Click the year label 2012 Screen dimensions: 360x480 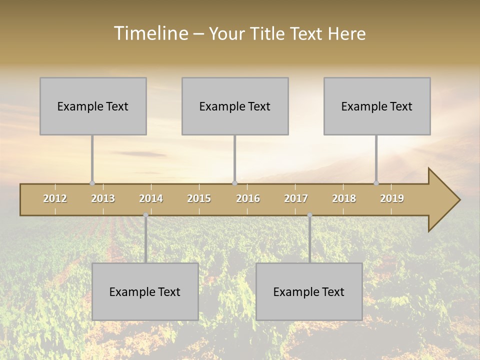55,198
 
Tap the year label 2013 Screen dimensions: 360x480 103,198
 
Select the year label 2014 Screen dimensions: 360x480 151,198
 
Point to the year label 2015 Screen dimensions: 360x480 199,198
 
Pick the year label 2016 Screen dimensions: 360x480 248,198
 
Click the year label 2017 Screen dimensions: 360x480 296,198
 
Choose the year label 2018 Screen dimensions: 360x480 344,198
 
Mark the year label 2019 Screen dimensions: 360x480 392,198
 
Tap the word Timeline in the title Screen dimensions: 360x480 150,33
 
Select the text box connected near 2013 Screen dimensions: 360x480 93,106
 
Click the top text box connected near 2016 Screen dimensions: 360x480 235,106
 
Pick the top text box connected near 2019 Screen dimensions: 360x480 377,106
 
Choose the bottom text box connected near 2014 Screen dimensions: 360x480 145,291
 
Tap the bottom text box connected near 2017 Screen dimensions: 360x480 309,291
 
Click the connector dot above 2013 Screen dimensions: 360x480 92,183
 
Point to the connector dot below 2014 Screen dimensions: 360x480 145,215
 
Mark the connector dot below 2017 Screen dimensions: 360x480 309,215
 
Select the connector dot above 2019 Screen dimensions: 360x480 376,183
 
